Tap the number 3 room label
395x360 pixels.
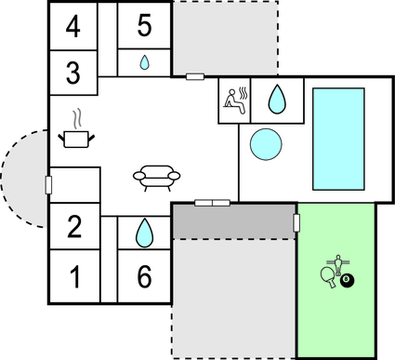pyautogui.click(x=72, y=70)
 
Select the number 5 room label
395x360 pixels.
pyautogui.click(x=144, y=25)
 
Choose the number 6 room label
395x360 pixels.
pyautogui.click(x=144, y=276)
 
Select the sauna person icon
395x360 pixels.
pyautogui.click(x=235, y=100)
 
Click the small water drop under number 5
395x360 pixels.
pyautogui.click(x=144, y=63)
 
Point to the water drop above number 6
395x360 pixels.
pyautogui.click(x=144, y=232)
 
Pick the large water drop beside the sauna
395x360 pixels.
pyautogui.click(x=277, y=99)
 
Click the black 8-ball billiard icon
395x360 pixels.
pyautogui.click(x=347, y=279)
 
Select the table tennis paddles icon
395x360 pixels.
pyautogui.click(x=328, y=276)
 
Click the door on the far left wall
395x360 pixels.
pyautogui.click(x=48, y=184)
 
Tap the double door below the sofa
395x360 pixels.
pyautogui.click(x=212, y=202)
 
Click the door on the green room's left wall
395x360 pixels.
pyautogui.click(x=296, y=222)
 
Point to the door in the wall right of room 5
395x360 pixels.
pyautogui.click(x=195, y=76)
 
